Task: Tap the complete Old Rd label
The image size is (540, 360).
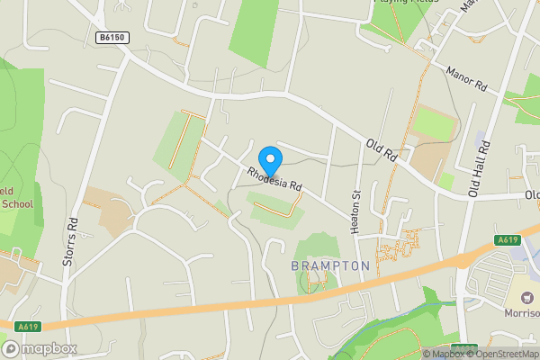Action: tap(381, 149)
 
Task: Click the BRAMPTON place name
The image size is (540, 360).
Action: tap(329, 266)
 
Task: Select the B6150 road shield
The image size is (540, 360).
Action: tap(112, 38)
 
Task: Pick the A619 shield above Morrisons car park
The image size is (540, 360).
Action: tap(508, 240)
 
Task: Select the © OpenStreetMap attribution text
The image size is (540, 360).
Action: tap(504, 354)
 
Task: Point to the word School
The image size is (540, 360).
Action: tap(16, 203)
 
